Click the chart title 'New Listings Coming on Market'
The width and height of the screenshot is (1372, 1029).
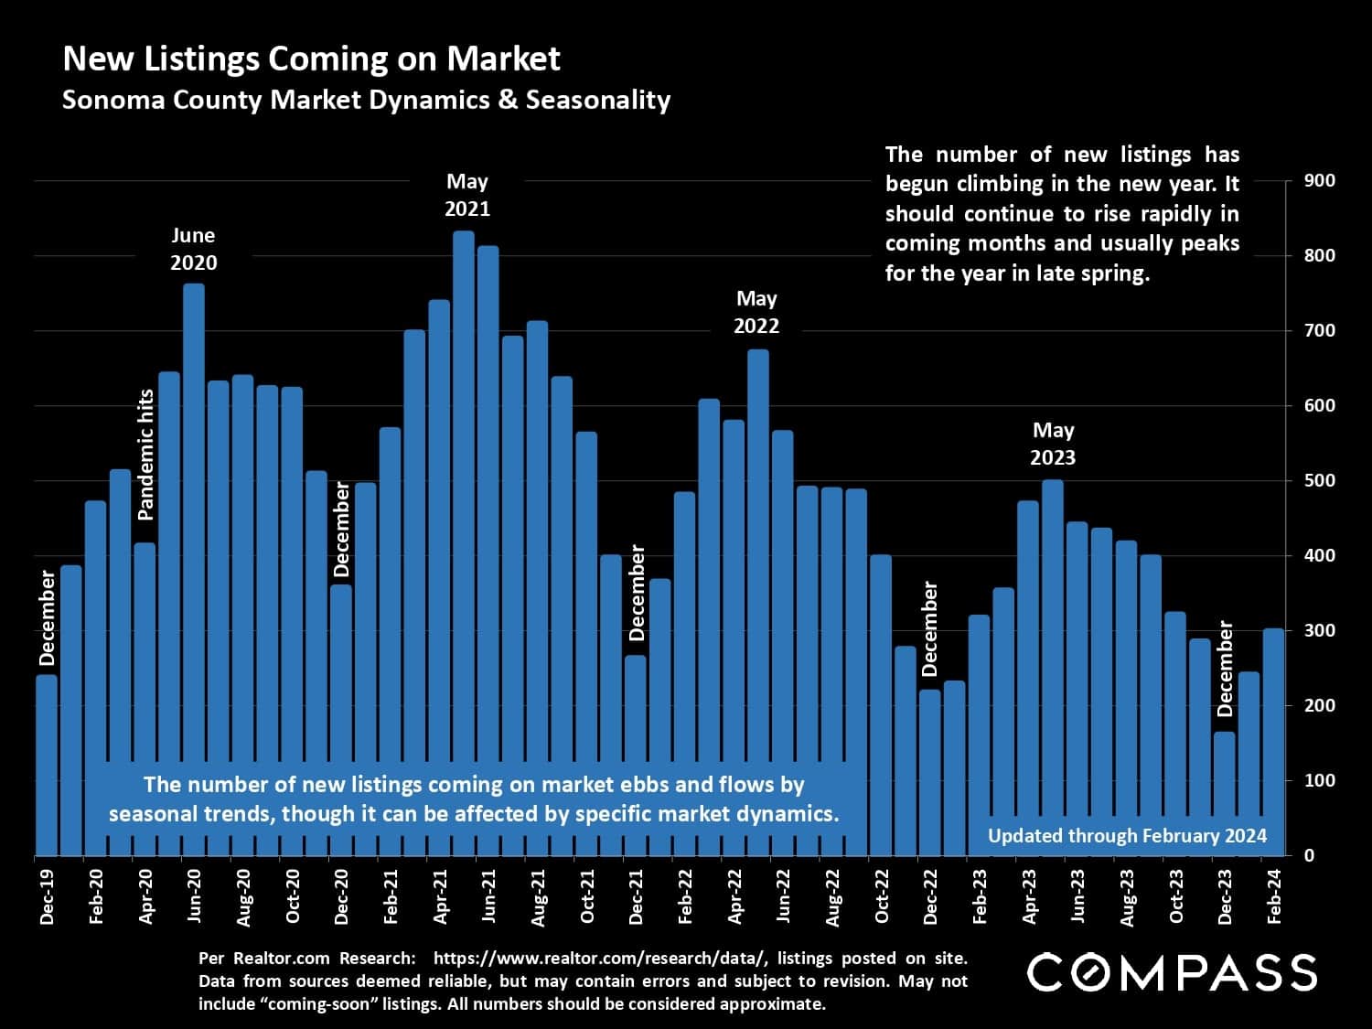pos(311,59)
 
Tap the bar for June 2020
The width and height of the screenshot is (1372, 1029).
pos(194,567)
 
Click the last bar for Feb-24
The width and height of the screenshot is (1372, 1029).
pos(1273,741)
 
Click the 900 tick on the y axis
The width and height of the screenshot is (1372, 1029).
pos(1320,180)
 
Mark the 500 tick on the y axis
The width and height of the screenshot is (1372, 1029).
pos(1320,480)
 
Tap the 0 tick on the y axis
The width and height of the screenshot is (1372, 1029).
pos(1309,855)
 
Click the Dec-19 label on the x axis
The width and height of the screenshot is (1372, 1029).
pos(48,895)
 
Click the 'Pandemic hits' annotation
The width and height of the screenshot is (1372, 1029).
pos(145,455)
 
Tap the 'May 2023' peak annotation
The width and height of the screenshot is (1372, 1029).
pos(1053,444)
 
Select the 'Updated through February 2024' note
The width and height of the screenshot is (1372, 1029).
pos(1127,835)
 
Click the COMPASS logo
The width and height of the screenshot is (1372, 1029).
pos(1172,972)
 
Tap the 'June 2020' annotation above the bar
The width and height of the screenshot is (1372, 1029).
pos(194,249)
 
